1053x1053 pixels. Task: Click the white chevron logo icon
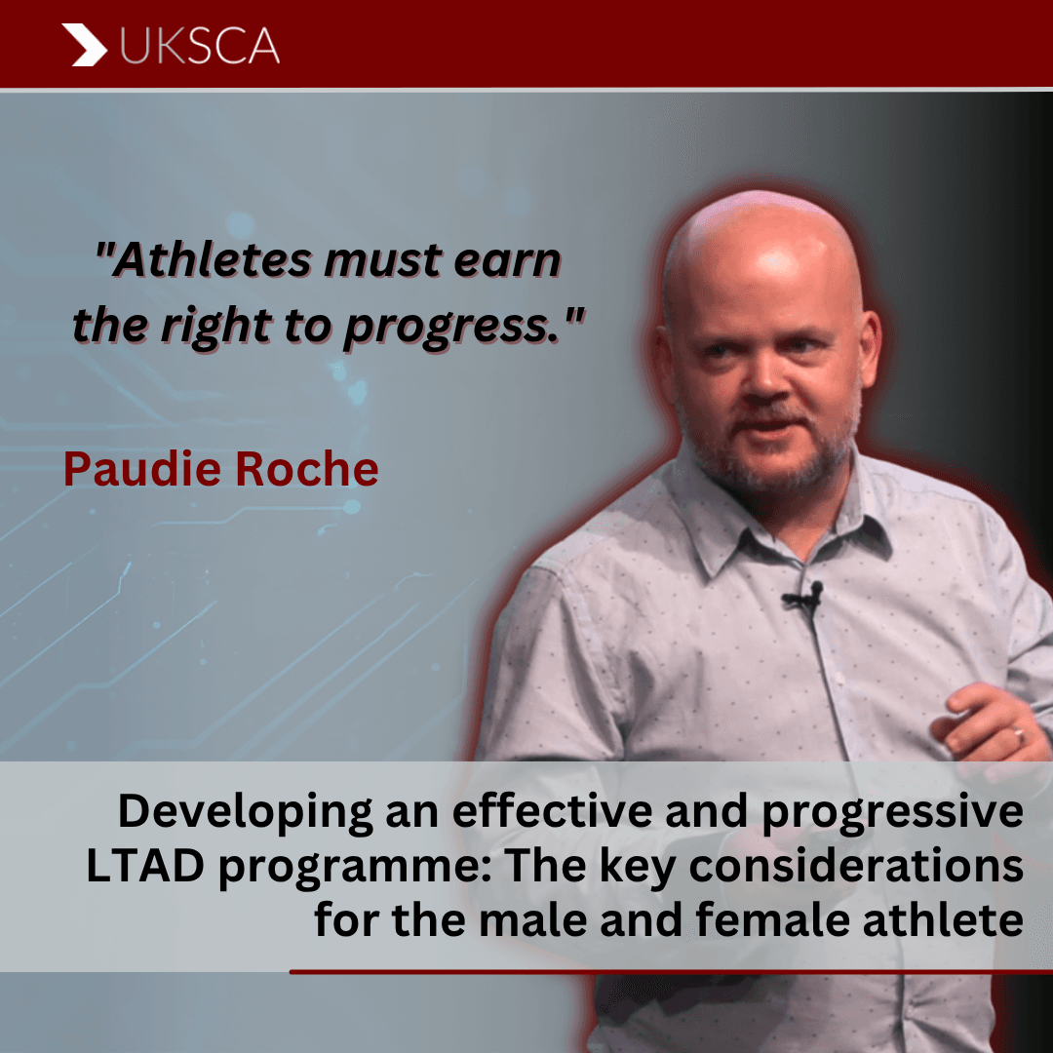[x=85, y=45]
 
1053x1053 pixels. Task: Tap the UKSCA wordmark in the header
[x=200, y=46]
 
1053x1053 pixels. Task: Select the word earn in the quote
[x=507, y=260]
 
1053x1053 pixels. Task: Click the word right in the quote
[x=216, y=328]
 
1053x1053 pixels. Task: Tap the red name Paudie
[x=142, y=468]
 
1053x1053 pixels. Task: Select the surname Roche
[x=307, y=468]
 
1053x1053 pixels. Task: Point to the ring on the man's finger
[x=1020, y=736]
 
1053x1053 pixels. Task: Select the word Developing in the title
[x=245, y=812]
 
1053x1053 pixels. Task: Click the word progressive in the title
[x=892, y=812]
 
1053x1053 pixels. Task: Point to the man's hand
[x=994, y=725]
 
